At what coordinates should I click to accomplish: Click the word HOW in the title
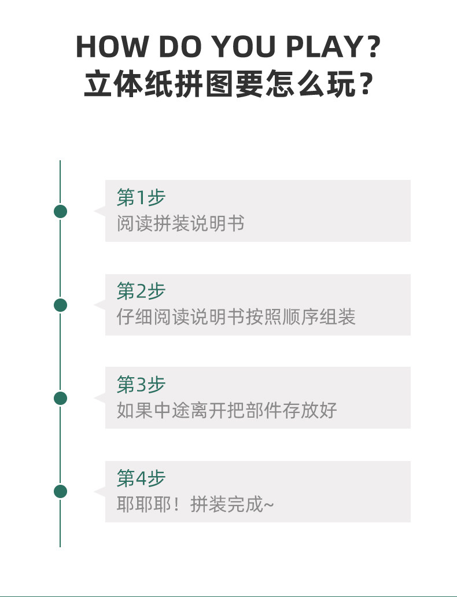tap(107, 47)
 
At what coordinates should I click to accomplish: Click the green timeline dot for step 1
tap(60, 211)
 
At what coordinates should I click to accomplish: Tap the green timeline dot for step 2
tap(60, 305)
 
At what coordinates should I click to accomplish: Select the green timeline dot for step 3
tap(60, 398)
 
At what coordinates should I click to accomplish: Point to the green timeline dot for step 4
tap(60, 492)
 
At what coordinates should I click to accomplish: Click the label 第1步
tap(141, 198)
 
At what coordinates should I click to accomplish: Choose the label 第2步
tap(141, 292)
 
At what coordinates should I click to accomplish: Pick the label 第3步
tap(141, 385)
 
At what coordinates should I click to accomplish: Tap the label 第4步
tap(141, 478)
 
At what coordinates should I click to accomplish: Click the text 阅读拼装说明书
tap(180, 223)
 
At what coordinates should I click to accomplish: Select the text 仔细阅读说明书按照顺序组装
tap(236, 317)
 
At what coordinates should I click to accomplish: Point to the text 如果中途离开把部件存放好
tap(227, 410)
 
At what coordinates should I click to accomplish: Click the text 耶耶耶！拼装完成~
tap(196, 504)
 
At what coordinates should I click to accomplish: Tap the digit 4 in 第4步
tap(141, 479)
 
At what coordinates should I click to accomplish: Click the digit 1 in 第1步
tap(141, 198)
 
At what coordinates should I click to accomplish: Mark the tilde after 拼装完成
tap(268, 504)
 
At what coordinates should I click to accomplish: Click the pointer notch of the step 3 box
tap(100, 398)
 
